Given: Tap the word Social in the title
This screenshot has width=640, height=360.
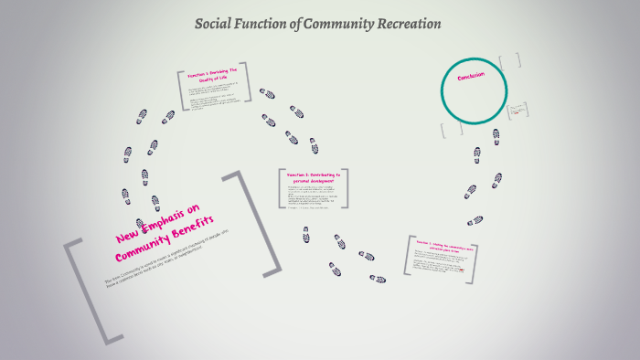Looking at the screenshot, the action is [217, 24].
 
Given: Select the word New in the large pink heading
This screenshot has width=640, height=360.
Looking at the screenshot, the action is [129, 238].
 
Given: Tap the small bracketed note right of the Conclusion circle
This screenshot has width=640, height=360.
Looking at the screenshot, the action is [518, 112].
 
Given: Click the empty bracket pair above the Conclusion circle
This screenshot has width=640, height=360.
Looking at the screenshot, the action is [509, 60].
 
